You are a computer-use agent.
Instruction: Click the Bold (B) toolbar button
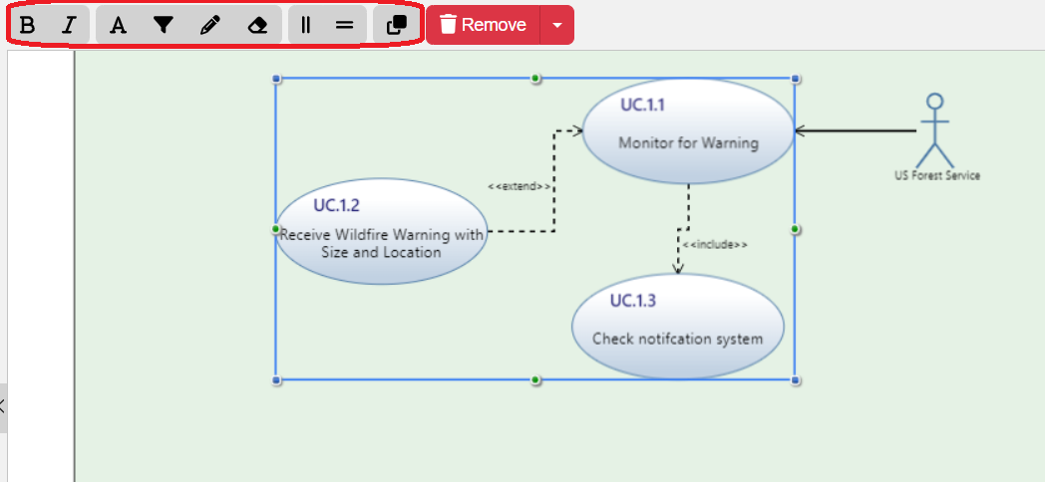(28, 25)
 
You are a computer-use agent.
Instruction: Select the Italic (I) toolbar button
(68, 25)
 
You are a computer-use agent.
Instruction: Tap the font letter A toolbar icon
(118, 25)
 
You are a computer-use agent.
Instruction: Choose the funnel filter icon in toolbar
(164, 25)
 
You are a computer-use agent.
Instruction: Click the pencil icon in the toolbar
(209, 25)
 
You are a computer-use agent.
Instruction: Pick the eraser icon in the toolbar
(257, 25)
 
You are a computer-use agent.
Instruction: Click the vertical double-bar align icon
(306, 25)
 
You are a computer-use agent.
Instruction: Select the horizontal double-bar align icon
(344, 25)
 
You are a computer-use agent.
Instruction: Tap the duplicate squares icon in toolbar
(396, 25)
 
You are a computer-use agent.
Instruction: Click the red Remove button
(483, 25)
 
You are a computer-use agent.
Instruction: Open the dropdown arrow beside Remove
(556, 25)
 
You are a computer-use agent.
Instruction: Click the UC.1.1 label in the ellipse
(642, 105)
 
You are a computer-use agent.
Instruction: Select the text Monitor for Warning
(688, 142)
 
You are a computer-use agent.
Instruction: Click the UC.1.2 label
(336, 205)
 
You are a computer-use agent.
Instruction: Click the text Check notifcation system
(677, 339)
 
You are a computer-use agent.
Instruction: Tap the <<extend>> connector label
(519, 186)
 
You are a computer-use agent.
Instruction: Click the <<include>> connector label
(714, 244)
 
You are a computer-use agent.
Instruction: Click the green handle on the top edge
(535, 78)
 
